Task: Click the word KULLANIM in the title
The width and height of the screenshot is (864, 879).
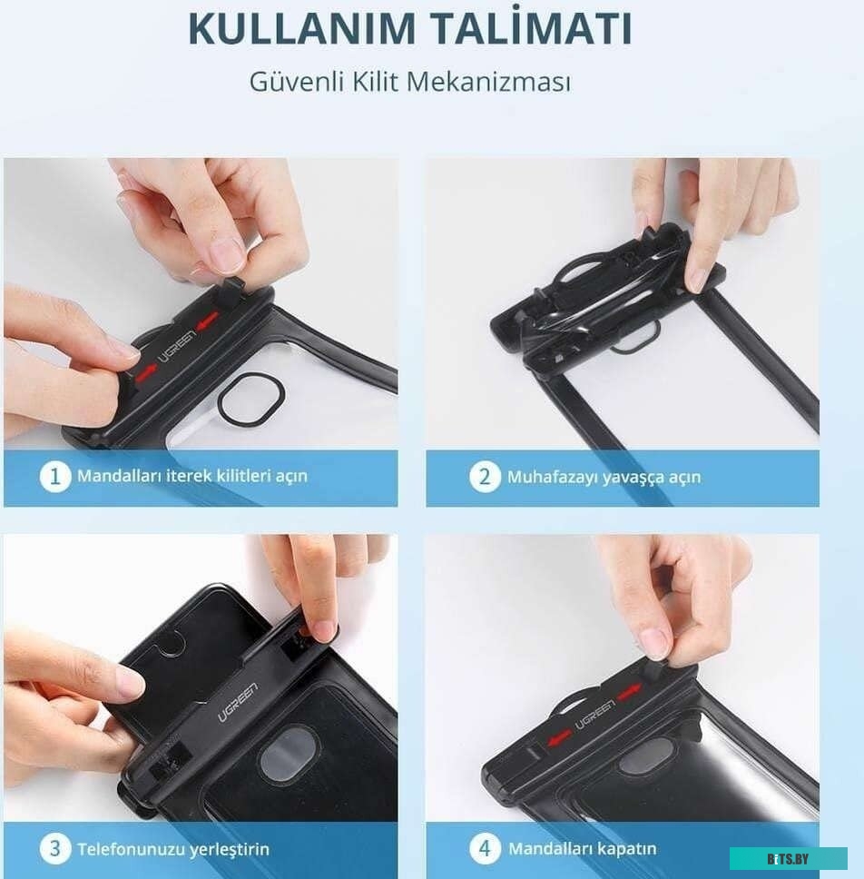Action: coord(301,28)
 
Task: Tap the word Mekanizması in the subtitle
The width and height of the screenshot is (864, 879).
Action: coord(488,82)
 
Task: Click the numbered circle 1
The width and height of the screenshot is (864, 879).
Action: coord(55,477)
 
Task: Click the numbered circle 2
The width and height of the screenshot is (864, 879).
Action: coord(485,477)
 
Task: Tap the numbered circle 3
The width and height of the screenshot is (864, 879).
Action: coord(55,848)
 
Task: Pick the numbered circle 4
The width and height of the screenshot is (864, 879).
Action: coord(485,848)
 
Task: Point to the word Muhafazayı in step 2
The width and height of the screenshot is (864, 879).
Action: coord(549,477)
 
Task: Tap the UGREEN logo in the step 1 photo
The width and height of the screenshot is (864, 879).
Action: coord(178,347)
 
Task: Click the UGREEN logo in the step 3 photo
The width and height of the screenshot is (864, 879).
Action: coord(238,703)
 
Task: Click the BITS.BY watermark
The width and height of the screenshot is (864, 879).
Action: coord(788,859)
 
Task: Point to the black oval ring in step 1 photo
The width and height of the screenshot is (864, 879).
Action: coord(244,402)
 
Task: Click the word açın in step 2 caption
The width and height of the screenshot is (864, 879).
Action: coord(684,479)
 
